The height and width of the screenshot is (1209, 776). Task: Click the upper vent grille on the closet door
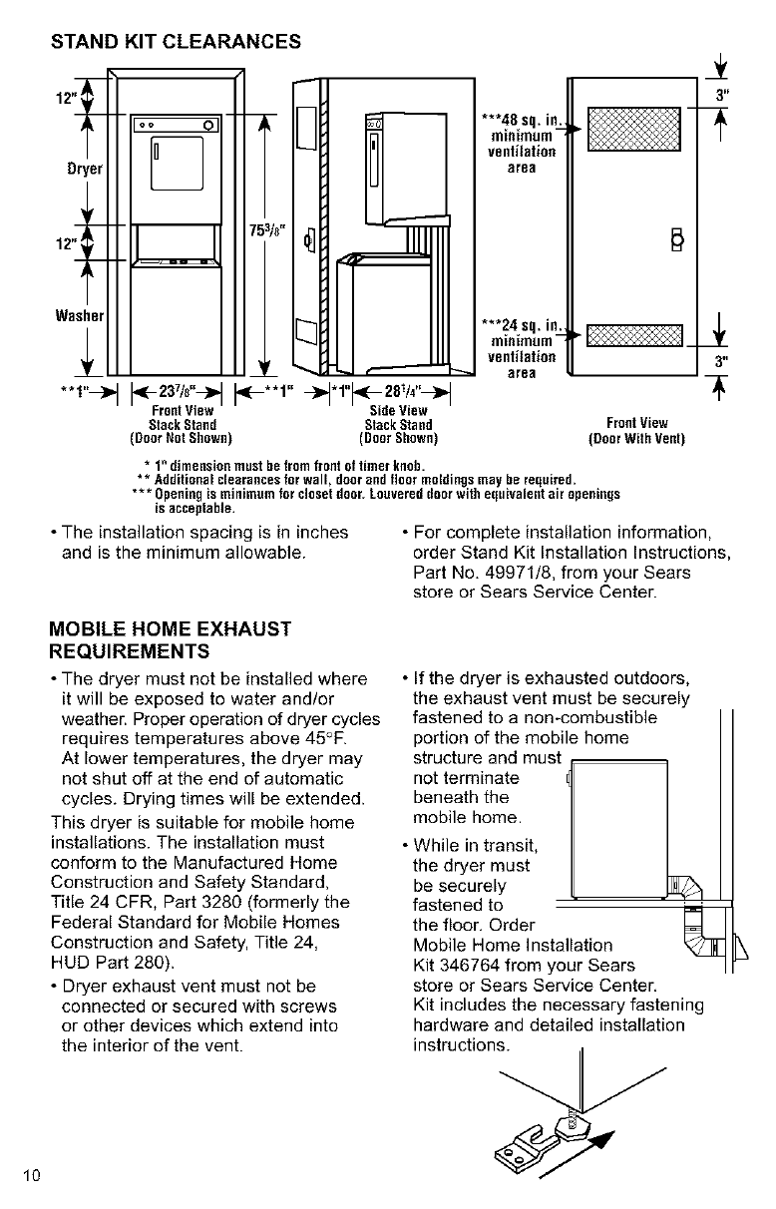click(x=634, y=128)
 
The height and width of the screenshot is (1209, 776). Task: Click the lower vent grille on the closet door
click(x=634, y=338)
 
